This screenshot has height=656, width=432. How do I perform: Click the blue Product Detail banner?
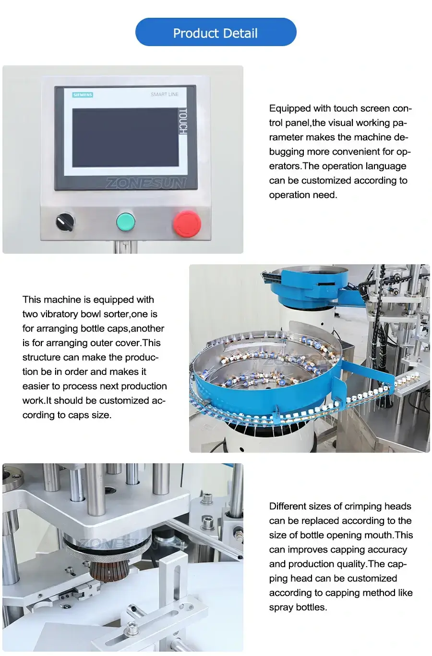pyautogui.click(x=216, y=33)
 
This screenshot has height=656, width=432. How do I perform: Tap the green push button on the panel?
pyautogui.click(x=126, y=222)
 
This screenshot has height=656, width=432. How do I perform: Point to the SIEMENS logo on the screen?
pyautogui.click(x=83, y=95)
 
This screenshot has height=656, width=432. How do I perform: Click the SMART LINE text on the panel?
pyautogui.click(x=165, y=94)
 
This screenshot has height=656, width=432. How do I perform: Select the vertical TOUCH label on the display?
pyautogui.click(x=183, y=122)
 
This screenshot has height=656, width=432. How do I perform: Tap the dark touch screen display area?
pyautogui.click(x=125, y=137)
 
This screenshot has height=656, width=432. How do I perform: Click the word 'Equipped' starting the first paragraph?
pyautogui.click(x=289, y=108)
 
